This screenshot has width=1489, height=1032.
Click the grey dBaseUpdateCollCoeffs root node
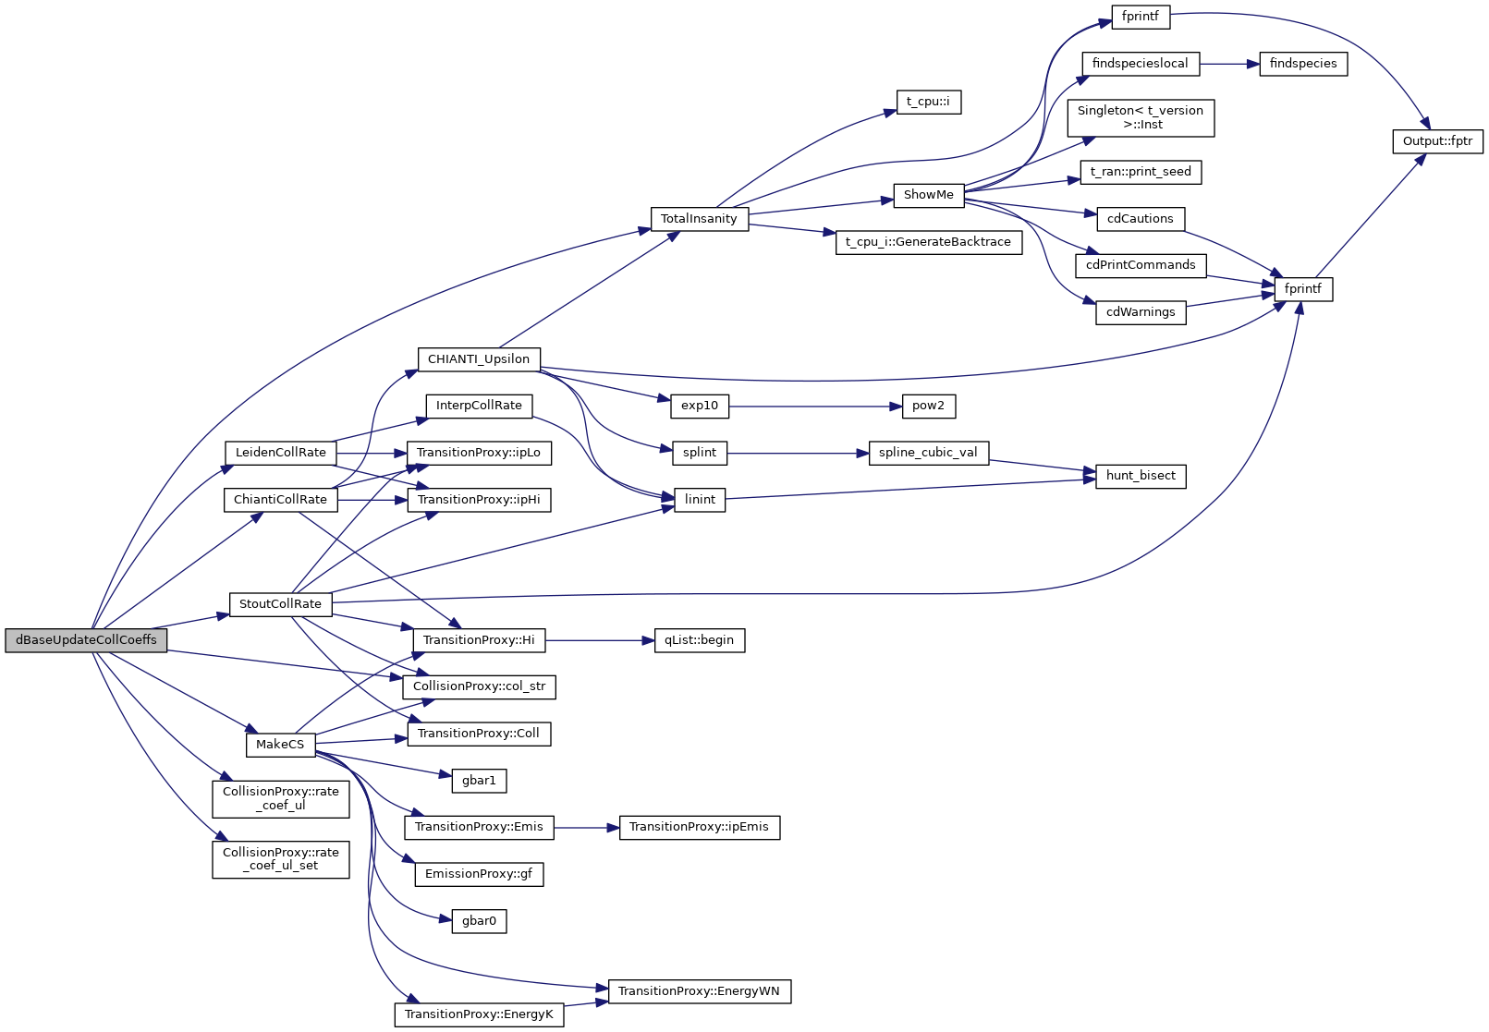[x=86, y=640]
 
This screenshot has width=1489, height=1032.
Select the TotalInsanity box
[x=699, y=219]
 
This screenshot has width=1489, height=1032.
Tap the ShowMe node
[x=928, y=195]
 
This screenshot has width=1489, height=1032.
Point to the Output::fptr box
[x=1437, y=141]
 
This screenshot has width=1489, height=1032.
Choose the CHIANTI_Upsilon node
[x=479, y=359]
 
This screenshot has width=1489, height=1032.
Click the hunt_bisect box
[x=1141, y=476]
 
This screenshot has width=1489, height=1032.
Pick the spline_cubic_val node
[x=928, y=453]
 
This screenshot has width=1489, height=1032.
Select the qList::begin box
[x=699, y=640]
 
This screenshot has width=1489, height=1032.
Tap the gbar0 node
[x=479, y=921]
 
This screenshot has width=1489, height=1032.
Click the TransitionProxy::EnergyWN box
[x=699, y=991]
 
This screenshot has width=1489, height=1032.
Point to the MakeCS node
[x=280, y=745]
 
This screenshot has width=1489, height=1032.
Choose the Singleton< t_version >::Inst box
[x=1141, y=118]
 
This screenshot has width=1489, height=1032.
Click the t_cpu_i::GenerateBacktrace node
[x=928, y=242]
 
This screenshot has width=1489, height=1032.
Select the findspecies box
[x=1303, y=64]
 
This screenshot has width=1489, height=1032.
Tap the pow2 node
[x=928, y=406]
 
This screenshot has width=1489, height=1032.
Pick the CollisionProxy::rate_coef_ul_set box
[x=281, y=859]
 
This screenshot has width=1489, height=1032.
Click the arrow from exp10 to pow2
[x=814, y=406]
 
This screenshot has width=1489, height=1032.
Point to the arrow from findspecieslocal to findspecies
[x=1229, y=64]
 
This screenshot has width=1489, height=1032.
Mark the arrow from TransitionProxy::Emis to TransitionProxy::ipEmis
[x=586, y=828]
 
